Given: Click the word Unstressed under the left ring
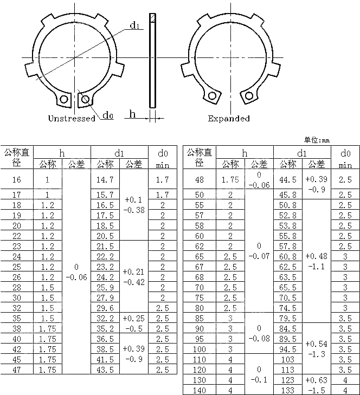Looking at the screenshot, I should (72, 118).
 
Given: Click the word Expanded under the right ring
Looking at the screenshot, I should (229, 118).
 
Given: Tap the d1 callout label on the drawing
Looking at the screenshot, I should (136, 25).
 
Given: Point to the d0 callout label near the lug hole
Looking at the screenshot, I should (108, 115).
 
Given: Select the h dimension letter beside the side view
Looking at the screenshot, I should (132, 113).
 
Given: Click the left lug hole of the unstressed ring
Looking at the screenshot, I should (64, 100).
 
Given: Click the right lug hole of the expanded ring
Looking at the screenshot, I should (249, 96).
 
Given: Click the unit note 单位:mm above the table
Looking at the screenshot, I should (317, 140).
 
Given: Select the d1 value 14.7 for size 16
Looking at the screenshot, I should (105, 179).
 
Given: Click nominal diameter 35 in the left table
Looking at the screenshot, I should (17, 318).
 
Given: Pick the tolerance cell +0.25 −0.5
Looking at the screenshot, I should (133, 323).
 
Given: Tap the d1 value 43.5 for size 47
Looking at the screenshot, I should (105, 369).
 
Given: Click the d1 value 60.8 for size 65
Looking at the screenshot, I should (287, 256).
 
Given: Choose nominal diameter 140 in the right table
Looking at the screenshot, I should (199, 390).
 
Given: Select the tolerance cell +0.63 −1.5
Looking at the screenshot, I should (316, 385).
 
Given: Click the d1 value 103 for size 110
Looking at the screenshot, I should (287, 359).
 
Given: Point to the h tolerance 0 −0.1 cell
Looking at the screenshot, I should (259, 375).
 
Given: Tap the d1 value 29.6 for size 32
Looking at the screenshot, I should (105, 308).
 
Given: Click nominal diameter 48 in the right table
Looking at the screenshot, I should (199, 179).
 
